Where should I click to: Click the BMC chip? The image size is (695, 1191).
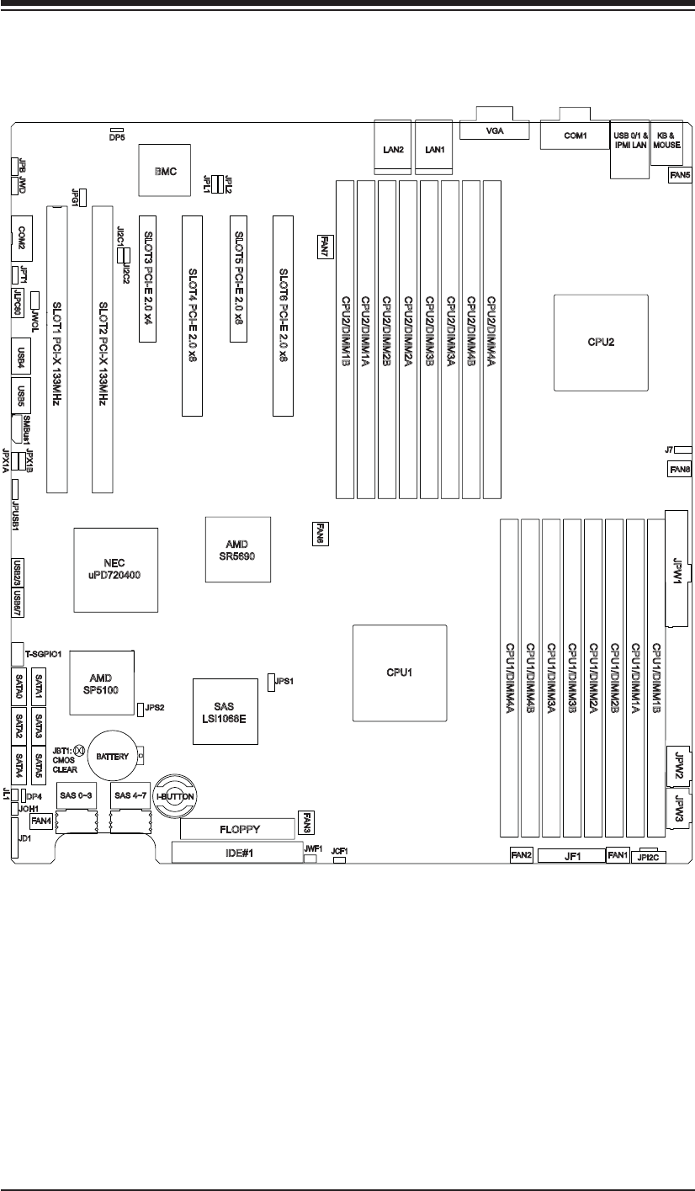[165, 170]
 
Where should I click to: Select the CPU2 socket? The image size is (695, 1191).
[600, 342]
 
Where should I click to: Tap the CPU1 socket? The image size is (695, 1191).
[399, 673]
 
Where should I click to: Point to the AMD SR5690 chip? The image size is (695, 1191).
[237, 549]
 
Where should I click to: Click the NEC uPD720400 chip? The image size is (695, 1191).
[115, 569]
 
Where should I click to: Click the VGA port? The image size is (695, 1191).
[494, 130]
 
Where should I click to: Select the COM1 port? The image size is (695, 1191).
[575, 135]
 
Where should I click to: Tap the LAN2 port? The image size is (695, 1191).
[392, 150]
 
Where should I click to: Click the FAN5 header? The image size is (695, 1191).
[680, 175]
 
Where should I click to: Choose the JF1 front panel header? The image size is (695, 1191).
[571, 856]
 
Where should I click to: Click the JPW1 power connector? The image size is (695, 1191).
[677, 568]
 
